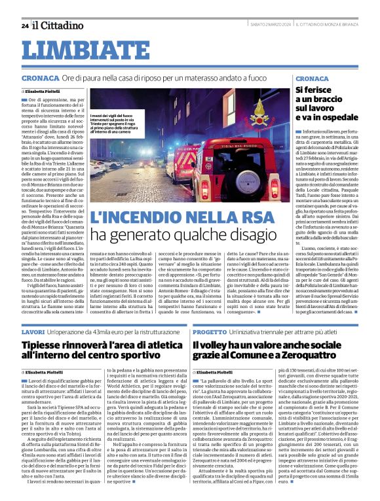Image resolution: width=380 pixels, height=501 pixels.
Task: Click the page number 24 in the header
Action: coord(25,26)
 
